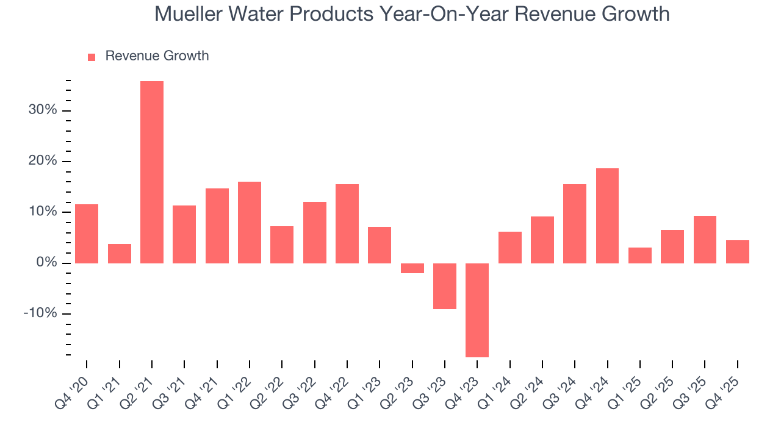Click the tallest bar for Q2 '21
(x=152, y=172)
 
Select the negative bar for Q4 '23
(x=477, y=310)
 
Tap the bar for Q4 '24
(x=607, y=216)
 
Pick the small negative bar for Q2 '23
(x=412, y=268)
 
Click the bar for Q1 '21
(x=120, y=254)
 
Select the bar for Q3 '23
(x=445, y=286)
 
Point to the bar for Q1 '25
(x=640, y=255)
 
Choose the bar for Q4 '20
(x=87, y=234)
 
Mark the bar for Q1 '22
(x=250, y=223)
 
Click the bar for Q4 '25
(x=738, y=252)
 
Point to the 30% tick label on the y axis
(x=42, y=110)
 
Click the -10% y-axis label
(x=40, y=313)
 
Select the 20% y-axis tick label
(x=42, y=161)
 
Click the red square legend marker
(x=92, y=57)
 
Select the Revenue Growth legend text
(x=157, y=56)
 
